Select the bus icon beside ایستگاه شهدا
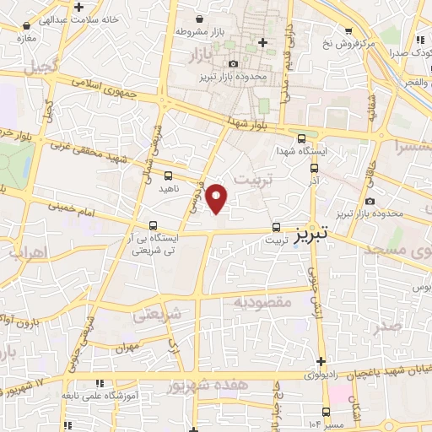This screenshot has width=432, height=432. tap(302, 139)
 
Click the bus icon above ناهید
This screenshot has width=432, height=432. tap(168, 175)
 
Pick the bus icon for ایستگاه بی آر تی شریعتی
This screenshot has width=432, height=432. tap(153, 225)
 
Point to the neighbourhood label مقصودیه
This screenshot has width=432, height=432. tap(262, 301)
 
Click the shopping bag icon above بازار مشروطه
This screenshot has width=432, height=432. tap(198, 18)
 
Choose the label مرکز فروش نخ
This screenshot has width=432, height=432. tap(346, 40)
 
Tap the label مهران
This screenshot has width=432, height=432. tap(127, 347)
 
